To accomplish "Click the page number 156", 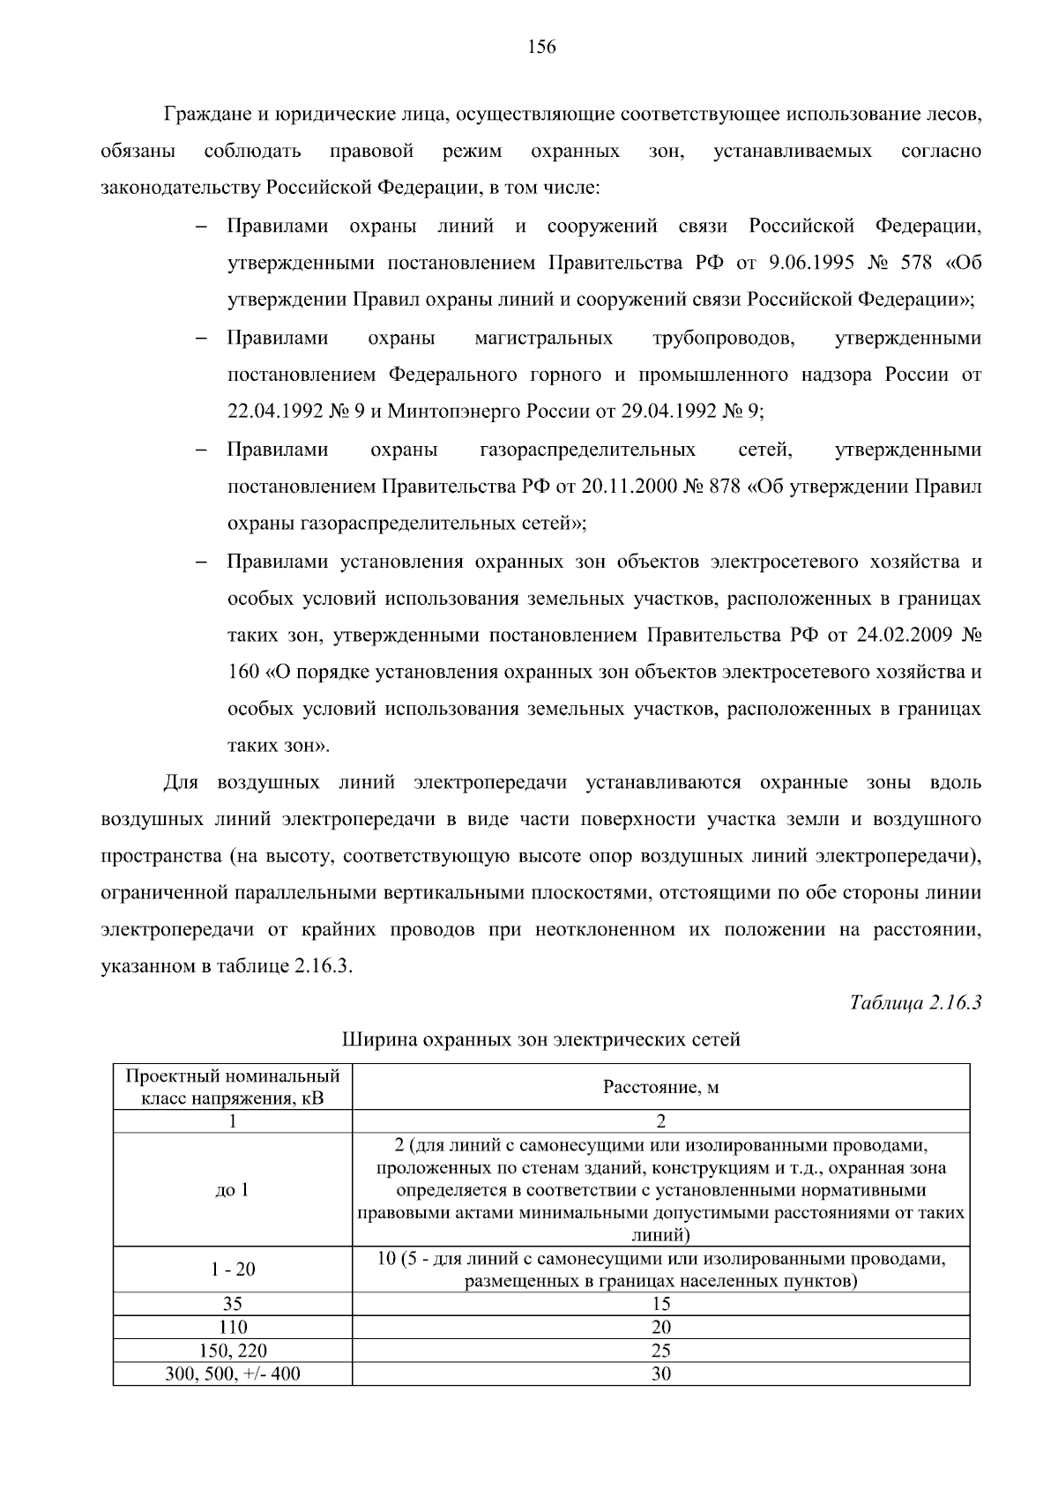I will [541, 48].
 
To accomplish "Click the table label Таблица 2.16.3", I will [915, 1002].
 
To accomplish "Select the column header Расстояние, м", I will [660, 1086].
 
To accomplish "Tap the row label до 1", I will [232, 1190].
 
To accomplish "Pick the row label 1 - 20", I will [233, 1269].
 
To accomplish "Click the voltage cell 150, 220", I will [233, 1351].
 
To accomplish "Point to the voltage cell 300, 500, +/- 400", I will [233, 1373].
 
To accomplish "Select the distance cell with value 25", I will [660, 1351].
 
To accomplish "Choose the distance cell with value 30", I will [660, 1373].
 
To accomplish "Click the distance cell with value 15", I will [660, 1304].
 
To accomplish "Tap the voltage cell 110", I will [233, 1328].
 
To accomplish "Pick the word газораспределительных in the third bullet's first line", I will [587, 450].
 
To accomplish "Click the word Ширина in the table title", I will [370, 1039].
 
